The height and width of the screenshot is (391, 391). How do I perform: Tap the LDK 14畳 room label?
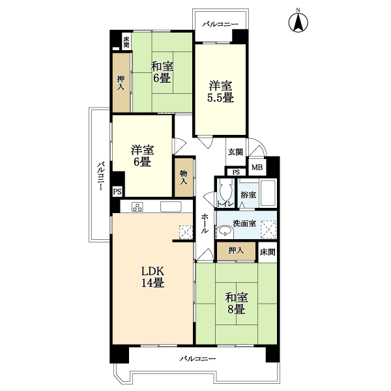(153, 277)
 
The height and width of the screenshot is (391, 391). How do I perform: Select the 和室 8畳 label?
(236, 304)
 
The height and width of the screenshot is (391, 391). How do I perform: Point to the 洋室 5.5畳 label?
(220, 92)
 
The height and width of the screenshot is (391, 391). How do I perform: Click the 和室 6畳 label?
(162, 72)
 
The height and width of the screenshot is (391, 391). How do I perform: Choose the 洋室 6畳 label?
(142, 156)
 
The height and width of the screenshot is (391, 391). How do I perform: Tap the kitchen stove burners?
(137, 207)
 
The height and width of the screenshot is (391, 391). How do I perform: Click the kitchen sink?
(171, 207)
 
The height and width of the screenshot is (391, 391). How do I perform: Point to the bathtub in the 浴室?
(268, 194)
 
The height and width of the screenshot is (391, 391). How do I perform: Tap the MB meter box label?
(257, 167)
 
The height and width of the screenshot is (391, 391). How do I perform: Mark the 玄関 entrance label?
(235, 152)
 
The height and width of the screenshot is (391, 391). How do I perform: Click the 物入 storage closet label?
(184, 177)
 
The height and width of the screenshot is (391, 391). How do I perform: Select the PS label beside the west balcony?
(117, 192)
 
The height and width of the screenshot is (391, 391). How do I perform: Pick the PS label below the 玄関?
(236, 172)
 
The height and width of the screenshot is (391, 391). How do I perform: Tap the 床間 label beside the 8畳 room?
(267, 252)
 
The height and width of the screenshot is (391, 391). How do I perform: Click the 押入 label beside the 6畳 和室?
(121, 83)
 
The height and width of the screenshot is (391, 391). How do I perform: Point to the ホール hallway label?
(205, 223)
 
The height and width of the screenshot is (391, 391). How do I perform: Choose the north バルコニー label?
(220, 25)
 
